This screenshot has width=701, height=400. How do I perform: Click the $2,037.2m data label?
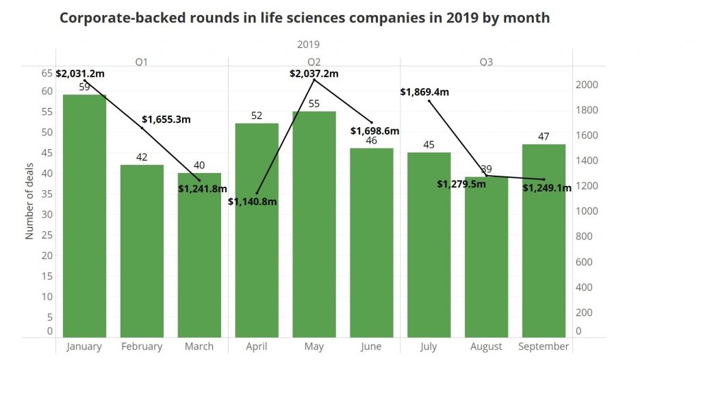pos(314,73)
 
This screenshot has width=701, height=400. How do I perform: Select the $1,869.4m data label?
pos(425,92)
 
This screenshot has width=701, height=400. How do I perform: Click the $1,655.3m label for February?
pos(166,120)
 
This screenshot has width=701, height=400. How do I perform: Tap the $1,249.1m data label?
pos(547,188)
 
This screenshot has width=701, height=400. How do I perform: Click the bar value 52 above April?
pos(257,116)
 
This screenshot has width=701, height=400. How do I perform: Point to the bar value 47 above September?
pos(544,136)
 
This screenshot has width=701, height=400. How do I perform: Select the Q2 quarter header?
pos(314,62)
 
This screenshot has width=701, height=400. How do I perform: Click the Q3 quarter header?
pos(486,62)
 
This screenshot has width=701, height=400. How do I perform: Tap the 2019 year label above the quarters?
pos(309,44)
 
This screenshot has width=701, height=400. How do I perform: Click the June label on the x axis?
pos(371,347)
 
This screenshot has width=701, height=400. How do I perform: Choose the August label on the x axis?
pos(486,347)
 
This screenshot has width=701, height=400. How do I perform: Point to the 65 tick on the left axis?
pos(47,72)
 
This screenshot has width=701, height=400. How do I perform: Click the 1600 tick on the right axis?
pos(587,135)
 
